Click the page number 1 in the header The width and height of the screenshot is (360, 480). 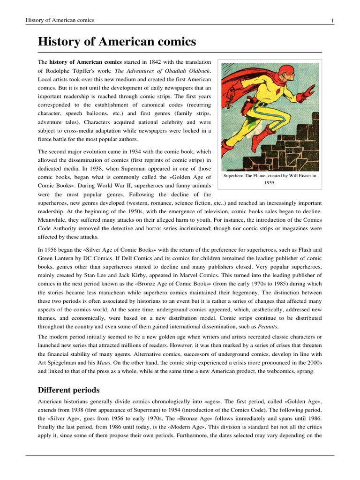(332, 20)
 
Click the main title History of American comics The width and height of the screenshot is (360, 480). (117, 42)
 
